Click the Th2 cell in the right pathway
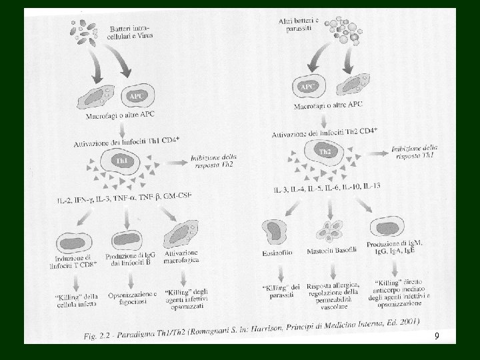325,153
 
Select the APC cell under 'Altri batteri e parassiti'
309,86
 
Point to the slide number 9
436,337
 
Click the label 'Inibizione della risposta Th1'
415,151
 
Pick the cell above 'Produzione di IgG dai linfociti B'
126,240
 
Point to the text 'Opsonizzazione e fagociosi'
132,297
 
